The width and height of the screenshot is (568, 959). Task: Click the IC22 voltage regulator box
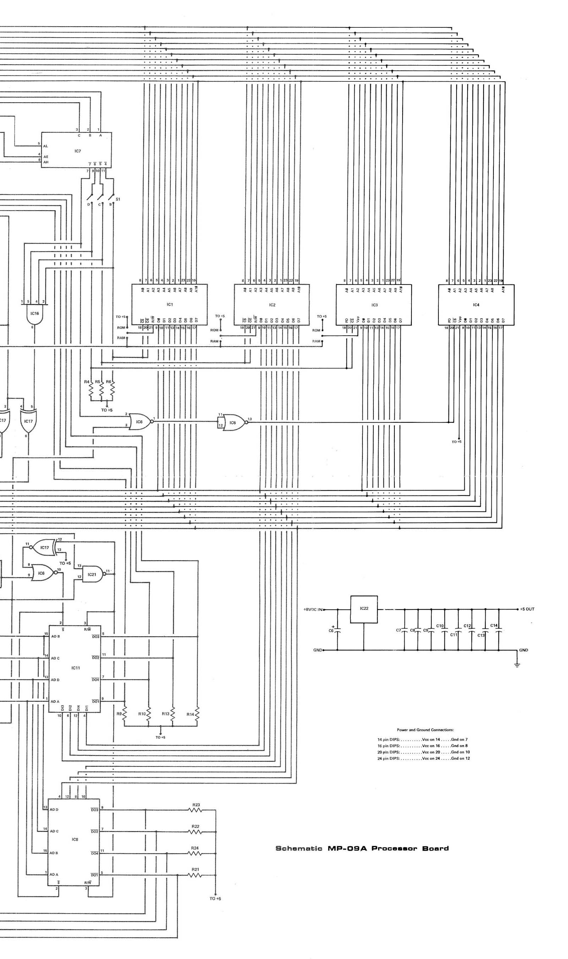[364, 609]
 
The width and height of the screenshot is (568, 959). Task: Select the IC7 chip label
[78, 151]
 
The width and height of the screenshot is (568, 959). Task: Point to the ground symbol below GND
[517, 665]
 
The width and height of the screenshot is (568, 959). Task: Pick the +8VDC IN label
[313, 609]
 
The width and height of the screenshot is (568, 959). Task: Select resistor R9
[124, 714]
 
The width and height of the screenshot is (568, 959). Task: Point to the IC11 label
[75, 668]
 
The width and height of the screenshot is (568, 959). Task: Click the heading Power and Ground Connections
[425, 730]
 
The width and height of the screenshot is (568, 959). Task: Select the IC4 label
[476, 305]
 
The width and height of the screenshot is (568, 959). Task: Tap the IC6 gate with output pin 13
[233, 423]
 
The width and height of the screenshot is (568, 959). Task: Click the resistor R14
[197, 714]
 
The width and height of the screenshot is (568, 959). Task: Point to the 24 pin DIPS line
[423, 758]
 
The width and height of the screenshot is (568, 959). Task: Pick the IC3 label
[374, 305]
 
